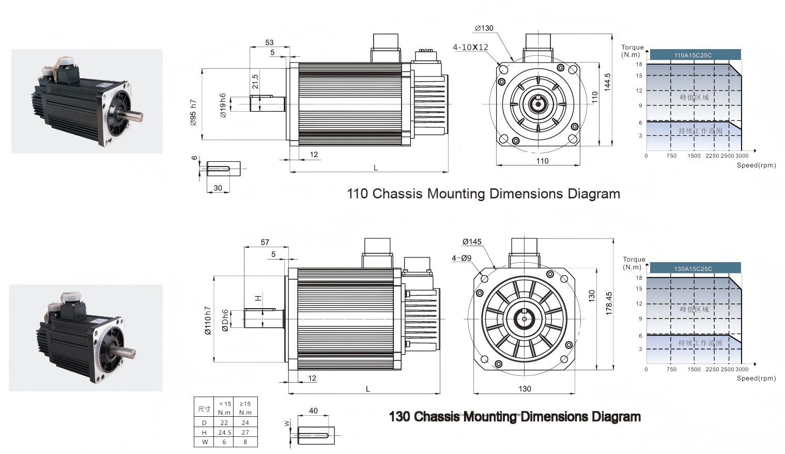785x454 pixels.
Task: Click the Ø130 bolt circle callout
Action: (484, 28)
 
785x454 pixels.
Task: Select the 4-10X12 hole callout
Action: (470, 47)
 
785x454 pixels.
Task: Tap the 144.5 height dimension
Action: (607, 82)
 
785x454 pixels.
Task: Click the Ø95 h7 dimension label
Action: (193, 112)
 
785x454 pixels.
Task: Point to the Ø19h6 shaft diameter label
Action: (223, 105)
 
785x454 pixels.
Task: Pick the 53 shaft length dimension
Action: (269, 42)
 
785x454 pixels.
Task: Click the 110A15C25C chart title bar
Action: (695, 55)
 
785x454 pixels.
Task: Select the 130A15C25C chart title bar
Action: (695, 268)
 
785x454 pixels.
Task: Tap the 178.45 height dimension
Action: (609, 304)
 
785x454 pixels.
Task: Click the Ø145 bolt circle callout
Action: (472, 241)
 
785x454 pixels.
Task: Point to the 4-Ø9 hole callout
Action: (461, 258)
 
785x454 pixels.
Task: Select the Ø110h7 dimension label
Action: (208, 321)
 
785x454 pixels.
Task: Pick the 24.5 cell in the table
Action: (224, 432)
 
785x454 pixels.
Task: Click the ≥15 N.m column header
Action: (245, 408)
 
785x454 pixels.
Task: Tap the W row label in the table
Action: (204, 442)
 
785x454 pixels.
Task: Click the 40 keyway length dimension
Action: (313, 411)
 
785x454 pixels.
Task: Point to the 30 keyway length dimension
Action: (218, 188)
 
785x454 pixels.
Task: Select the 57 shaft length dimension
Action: (265, 242)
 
